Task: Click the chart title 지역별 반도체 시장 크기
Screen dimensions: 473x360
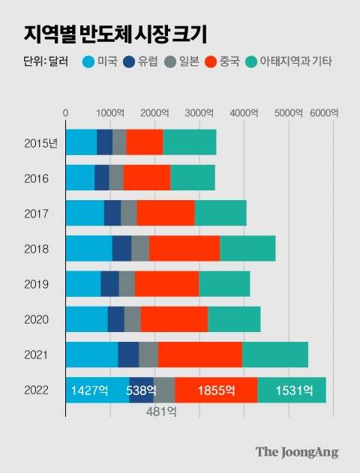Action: tap(115, 34)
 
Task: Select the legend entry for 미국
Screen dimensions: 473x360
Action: tap(101, 62)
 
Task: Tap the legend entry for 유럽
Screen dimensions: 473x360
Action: tap(149, 62)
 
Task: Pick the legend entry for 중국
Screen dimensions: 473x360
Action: tap(240, 62)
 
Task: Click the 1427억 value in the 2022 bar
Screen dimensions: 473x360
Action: tap(88, 391)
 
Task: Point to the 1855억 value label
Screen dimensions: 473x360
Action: tap(217, 391)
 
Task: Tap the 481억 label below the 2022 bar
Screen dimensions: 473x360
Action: tap(160, 412)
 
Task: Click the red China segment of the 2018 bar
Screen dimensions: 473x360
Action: tap(184, 248)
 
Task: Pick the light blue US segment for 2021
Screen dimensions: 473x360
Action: tap(91, 355)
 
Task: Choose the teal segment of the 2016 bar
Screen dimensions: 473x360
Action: tap(192, 178)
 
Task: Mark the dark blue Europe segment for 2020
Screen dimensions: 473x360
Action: tap(115, 319)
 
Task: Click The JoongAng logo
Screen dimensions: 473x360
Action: tap(296, 452)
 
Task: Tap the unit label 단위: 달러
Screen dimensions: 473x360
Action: tap(44, 62)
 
